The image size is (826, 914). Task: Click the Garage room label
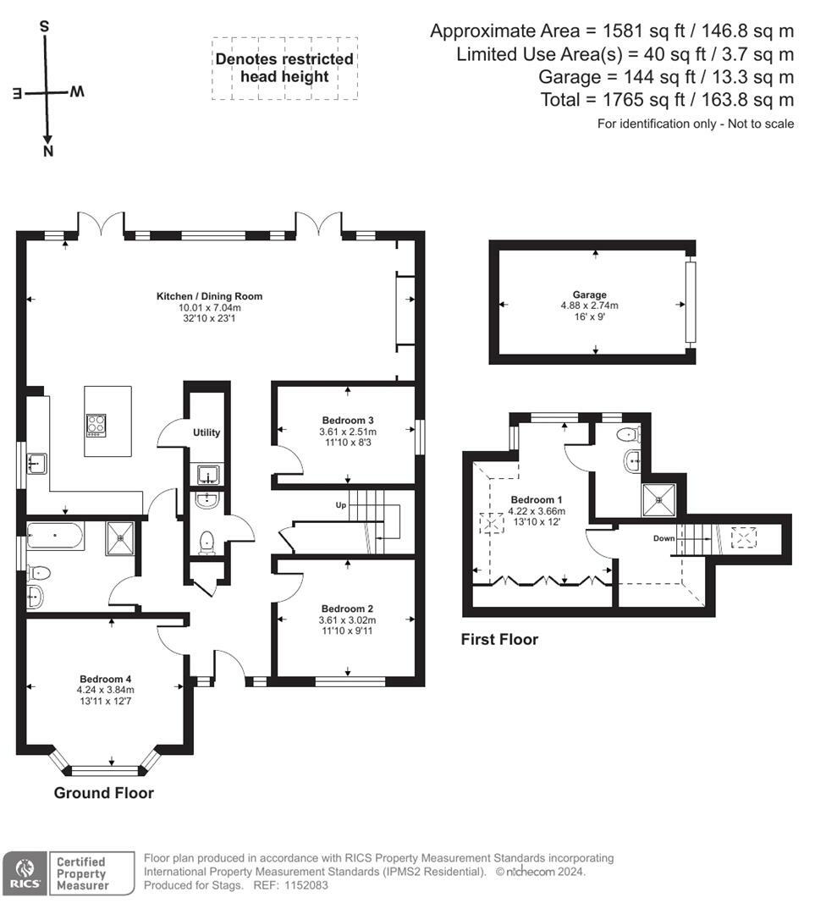tap(589, 295)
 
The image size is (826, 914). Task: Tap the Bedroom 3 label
tap(348, 421)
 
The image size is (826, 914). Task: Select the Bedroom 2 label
tap(347, 609)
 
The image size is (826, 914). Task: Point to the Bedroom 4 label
tap(106, 679)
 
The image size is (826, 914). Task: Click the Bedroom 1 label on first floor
tap(537, 500)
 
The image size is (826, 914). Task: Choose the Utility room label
tap(206, 432)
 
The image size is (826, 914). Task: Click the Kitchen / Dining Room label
tap(209, 296)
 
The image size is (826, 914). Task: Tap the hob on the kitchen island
tap(96, 425)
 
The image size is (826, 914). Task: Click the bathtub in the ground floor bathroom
tap(55, 535)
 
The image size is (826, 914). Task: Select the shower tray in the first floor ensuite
tap(659, 500)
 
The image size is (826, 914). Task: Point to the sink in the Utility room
tap(207, 475)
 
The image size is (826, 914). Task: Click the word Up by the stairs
tap(341, 504)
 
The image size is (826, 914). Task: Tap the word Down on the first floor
tap(664, 538)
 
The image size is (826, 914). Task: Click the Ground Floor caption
tap(104, 793)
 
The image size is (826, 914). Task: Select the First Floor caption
tap(499, 640)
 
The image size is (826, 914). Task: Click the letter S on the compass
tap(44, 26)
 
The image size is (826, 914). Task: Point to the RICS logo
tap(24, 873)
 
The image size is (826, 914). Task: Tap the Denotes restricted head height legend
tap(284, 68)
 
